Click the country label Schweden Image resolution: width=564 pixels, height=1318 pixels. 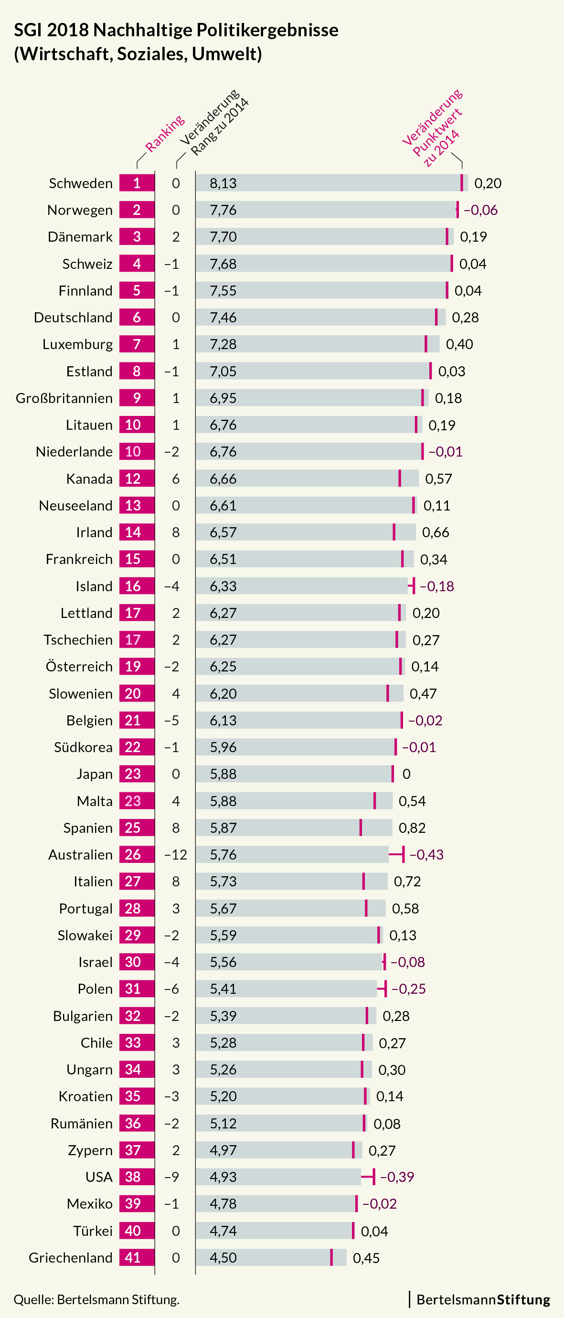(x=80, y=183)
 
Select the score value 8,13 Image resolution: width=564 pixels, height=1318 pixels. (x=223, y=183)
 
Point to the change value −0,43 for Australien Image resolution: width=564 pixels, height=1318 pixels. (x=426, y=854)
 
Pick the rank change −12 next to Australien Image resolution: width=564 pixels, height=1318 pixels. (x=176, y=854)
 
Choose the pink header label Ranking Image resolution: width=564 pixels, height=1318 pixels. (x=164, y=134)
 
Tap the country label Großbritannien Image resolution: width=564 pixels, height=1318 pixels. (x=64, y=398)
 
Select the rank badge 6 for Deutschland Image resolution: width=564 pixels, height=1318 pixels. (x=137, y=317)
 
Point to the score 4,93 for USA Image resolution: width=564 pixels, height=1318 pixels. (x=223, y=1177)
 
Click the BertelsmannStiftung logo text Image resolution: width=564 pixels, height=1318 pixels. (x=483, y=1299)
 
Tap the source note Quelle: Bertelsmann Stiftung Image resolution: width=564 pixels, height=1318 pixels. (x=96, y=1299)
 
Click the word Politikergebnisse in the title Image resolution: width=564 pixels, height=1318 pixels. (x=267, y=30)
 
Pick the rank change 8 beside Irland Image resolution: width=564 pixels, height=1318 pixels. (x=176, y=532)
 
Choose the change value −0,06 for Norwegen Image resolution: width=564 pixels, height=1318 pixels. (x=480, y=210)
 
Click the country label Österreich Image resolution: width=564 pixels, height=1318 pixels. (x=79, y=667)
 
